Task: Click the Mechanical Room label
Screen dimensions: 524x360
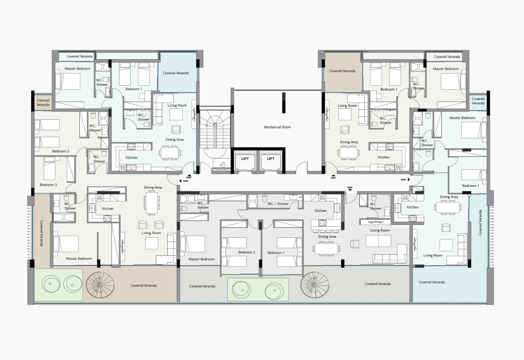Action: click(x=277, y=127)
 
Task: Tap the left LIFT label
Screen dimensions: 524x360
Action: click(x=245, y=159)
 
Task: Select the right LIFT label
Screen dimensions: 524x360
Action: click(x=271, y=159)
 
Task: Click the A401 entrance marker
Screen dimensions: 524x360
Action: click(x=333, y=177)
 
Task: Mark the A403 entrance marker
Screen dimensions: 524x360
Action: click(x=350, y=188)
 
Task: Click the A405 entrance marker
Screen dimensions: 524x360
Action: click(x=189, y=176)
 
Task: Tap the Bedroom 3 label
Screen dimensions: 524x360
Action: click(x=48, y=185)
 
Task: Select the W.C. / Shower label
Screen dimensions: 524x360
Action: click(x=278, y=204)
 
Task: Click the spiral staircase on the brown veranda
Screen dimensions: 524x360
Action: click(x=100, y=285)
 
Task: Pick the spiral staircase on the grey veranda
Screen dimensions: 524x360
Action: click(x=315, y=285)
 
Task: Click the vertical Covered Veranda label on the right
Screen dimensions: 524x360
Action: click(x=480, y=223)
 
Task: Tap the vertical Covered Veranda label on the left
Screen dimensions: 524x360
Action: click(x=41, y=233)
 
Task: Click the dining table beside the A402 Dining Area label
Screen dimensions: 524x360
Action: click(x=448, y=207)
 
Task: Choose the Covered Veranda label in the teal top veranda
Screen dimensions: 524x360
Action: click(x=176, y=73)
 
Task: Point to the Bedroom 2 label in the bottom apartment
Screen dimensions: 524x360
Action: click(x=247, y=252)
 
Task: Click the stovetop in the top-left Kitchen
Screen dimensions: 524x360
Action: click(x=131, y=147)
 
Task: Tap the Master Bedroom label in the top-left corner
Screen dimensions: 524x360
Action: click(x=78, y=69)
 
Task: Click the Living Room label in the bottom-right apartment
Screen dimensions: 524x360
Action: click(x=433, y=256)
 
